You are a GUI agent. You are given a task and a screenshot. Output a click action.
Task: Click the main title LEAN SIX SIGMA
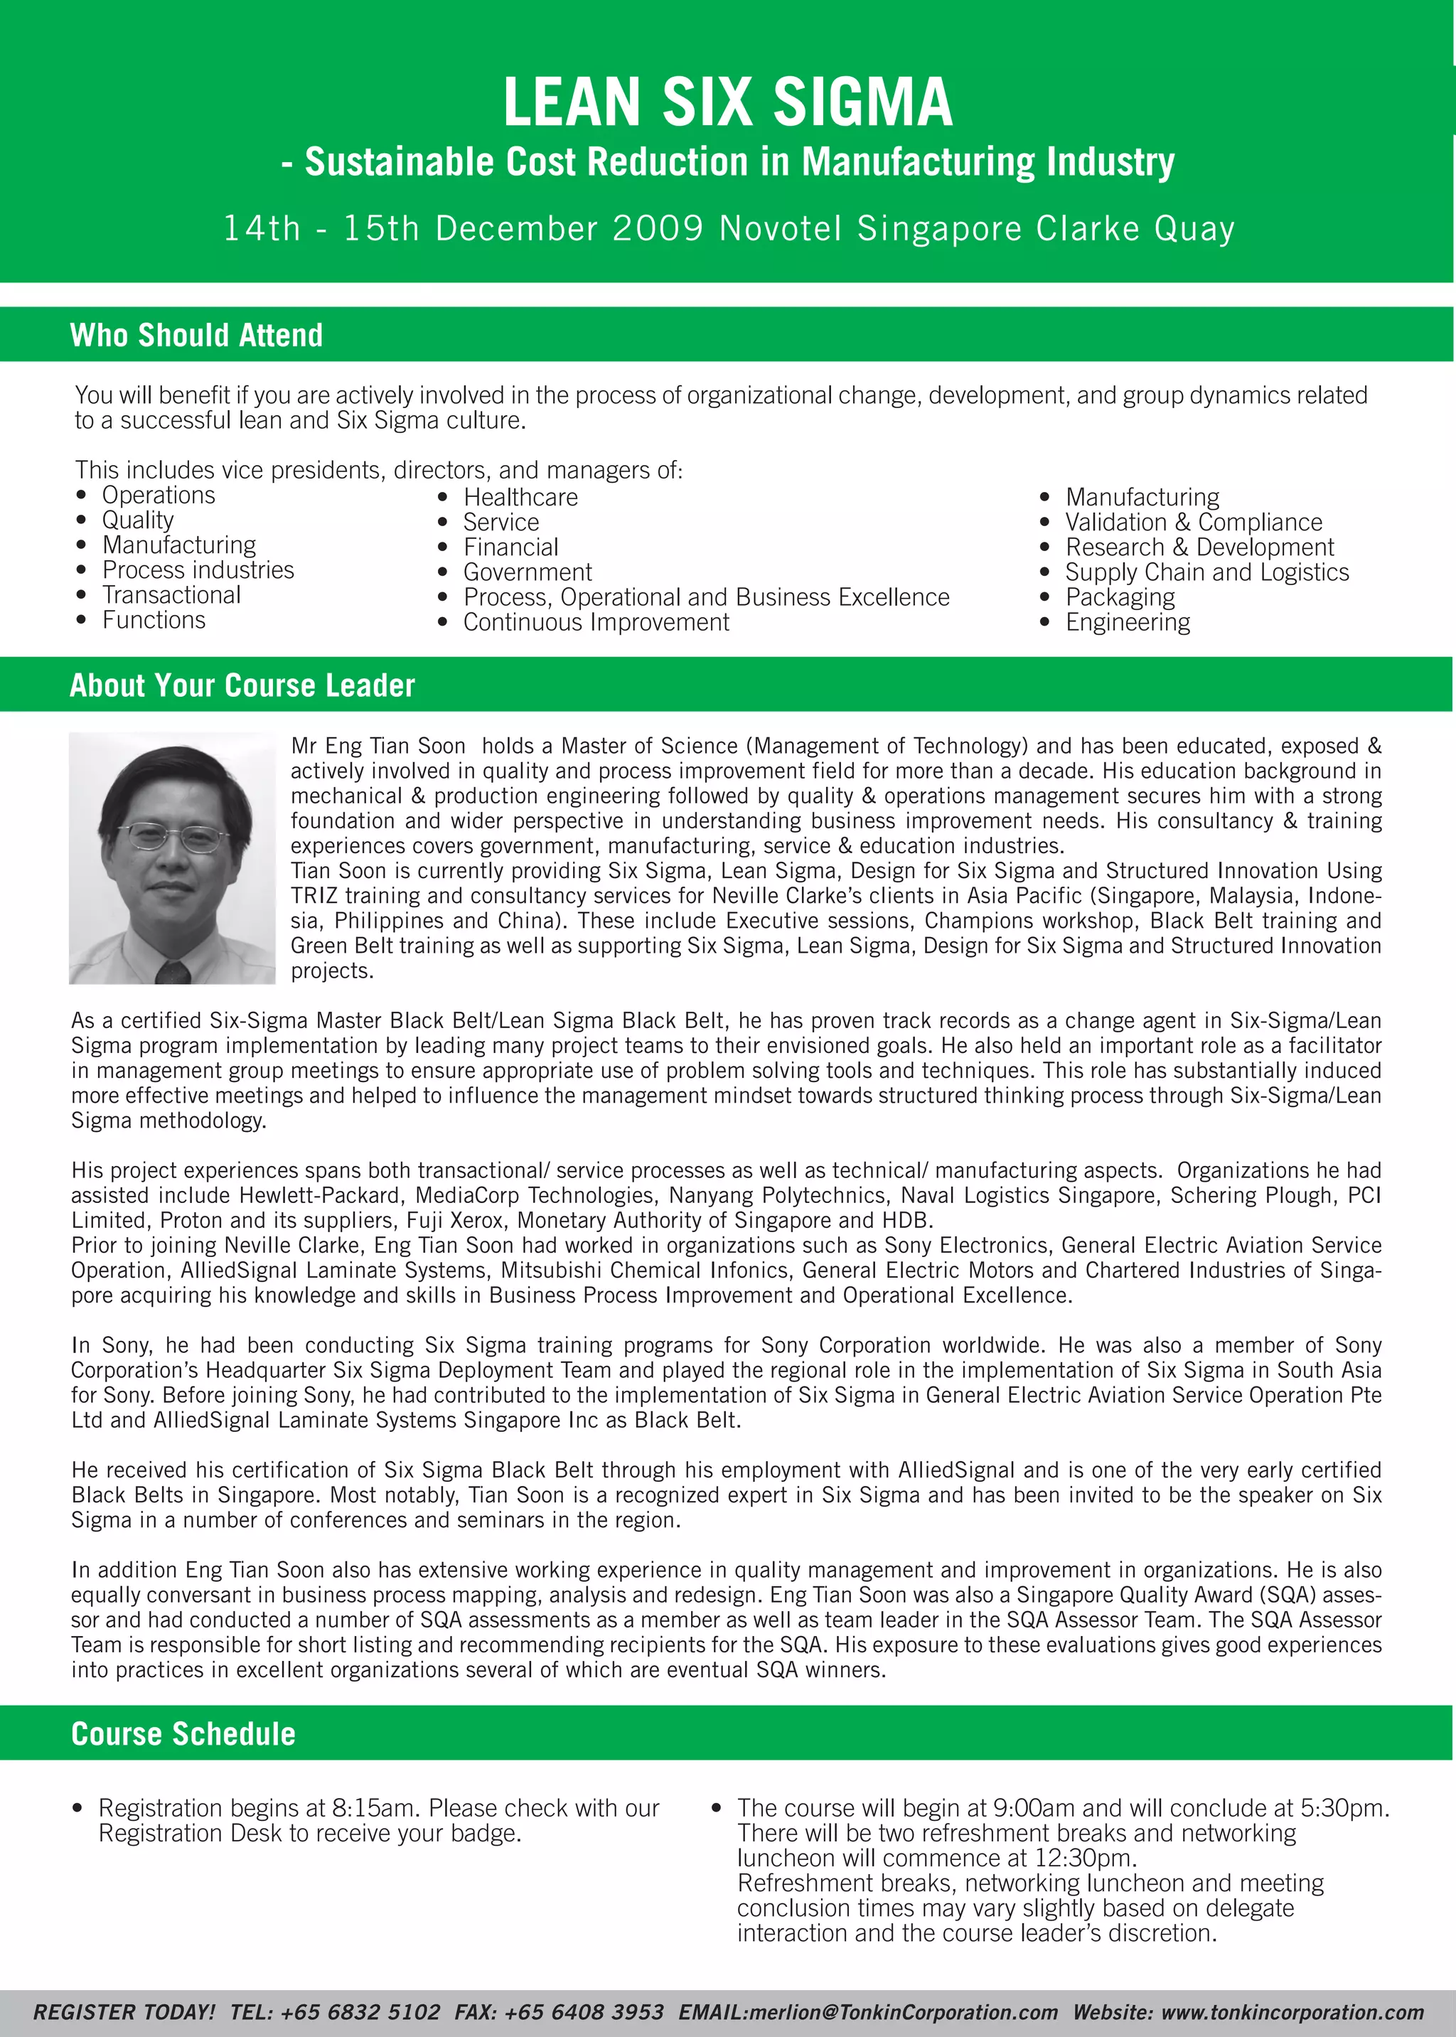[727, 102]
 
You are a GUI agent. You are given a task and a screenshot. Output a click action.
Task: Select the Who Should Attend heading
[196, 336]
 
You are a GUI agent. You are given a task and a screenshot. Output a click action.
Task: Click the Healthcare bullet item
[520, 498]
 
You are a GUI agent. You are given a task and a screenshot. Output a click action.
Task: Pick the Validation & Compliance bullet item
[1194, 523]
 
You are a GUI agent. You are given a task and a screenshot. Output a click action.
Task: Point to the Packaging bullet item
[1120, 597]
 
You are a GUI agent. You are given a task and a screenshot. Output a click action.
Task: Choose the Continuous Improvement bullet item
[596, 622]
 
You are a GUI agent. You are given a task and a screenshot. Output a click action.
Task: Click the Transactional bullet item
[171, 595]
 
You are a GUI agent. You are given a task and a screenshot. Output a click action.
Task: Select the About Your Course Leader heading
[242, 686]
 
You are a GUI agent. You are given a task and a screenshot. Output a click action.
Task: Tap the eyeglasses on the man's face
[174, 838]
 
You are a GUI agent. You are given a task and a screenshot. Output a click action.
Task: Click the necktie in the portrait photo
[172, 973]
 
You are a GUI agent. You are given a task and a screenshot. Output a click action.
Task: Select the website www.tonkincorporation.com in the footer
[1292, 2012]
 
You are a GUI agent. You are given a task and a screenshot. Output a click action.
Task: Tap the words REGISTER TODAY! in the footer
[124, 2012]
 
